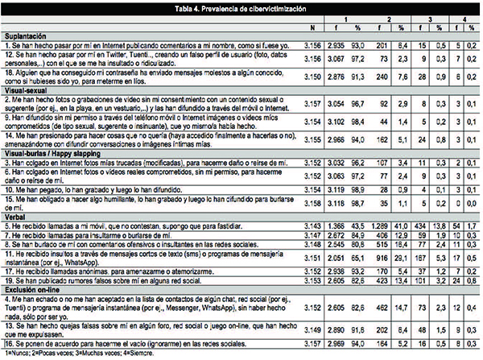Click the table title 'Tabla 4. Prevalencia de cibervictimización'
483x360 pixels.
(x=242, y=6)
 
